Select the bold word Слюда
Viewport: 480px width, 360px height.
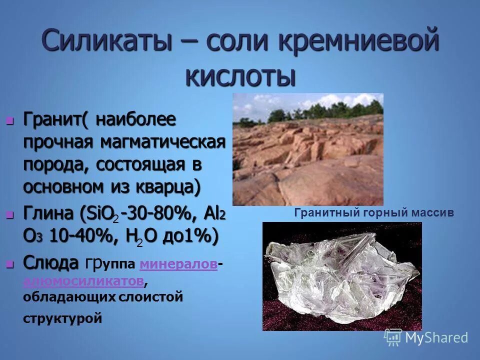(x=51, y=262)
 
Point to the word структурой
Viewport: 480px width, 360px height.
(x=62, y=318)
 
